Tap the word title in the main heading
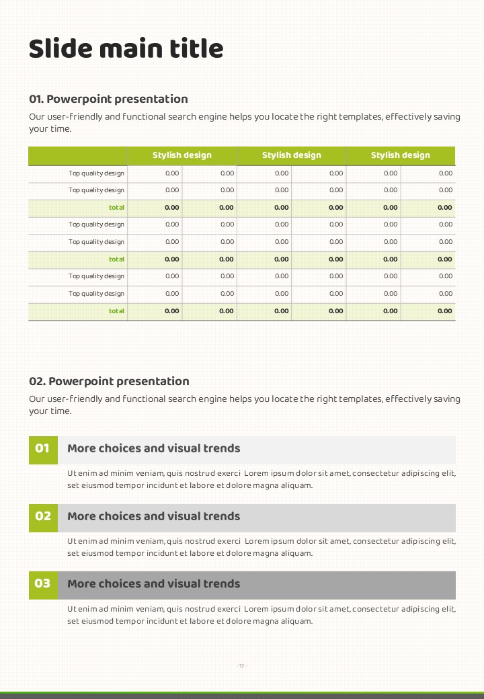(x=193, y=48)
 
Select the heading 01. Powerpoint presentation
(x=108, y=99)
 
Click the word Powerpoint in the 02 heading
(x=87, y=382)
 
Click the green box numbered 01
(x=42, y=449)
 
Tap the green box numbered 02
(x=42, y=517)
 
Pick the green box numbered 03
(x=42, y=584)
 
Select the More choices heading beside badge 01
(x=153, y=449)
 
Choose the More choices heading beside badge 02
(x=153, y=517)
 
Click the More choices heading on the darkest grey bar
(x=153, y=584)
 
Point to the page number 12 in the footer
(x=242, y=666)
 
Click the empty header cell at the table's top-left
(x=77, y=156)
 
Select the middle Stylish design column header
(x=291, y=156)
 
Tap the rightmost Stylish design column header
(x=401, y=156)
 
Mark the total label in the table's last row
(x=116, y=311)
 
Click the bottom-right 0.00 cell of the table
(x=445, y=311)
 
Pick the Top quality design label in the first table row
(x=96, y=173)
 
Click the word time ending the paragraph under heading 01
(x=59, y=129)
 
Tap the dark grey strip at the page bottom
(x=242, y=696)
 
